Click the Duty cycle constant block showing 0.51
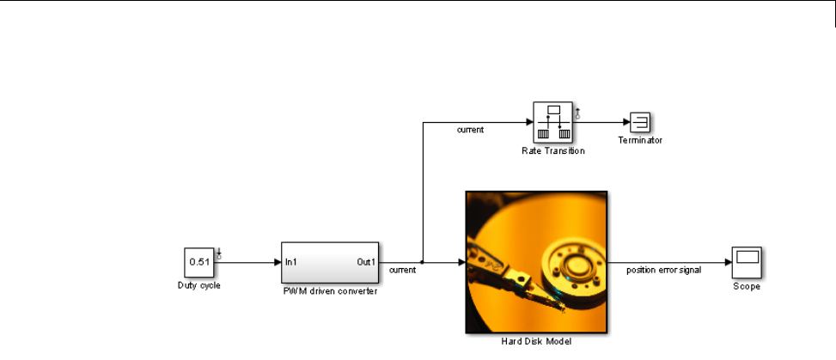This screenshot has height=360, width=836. (x=199, y=262)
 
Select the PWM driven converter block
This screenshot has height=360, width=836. (x=330, y=262)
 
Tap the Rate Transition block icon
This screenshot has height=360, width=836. (x=553, y=122)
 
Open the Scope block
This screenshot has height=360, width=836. (x=746, y=262)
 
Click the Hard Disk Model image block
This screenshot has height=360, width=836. (x=536, y=261)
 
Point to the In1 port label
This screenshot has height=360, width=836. (x=292, y=262)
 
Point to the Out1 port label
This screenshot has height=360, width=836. (x=366, y=262)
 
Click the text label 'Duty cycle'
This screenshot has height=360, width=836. (x=199, y=285)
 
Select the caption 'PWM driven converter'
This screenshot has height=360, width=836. (x=330, y=291)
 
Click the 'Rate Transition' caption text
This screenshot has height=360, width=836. (x=552, y=150)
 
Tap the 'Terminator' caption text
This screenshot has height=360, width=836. (x=640, y=139)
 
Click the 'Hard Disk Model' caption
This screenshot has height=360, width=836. (x=536, y=341)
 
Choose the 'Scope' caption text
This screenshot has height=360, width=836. (x=746, y=286)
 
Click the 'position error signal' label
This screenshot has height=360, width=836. (x=663, y=270)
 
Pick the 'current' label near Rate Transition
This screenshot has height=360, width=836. (x=470, y=131)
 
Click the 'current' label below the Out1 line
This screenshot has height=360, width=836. (x=403, y=270)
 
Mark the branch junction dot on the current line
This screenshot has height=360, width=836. (x=422, y=262)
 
